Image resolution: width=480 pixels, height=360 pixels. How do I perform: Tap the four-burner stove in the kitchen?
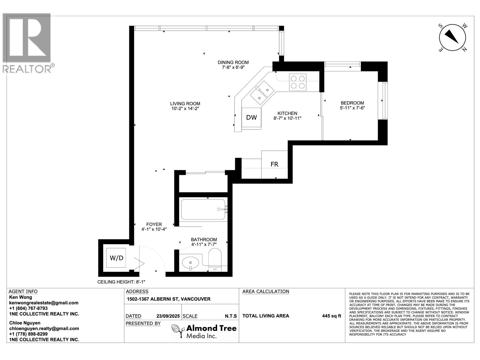pyautogui.click(x=298, y=82)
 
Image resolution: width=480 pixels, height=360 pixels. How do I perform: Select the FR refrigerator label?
pyautogui.click(x=274, y=164)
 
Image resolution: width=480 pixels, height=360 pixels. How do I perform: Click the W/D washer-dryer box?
pyautogui.click(x=116, y=258)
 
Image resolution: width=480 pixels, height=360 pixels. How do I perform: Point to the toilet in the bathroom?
pyautogui.click(x=215, y=260)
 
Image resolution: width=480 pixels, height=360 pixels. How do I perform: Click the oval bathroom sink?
pyautogui.click(x=190, y=262)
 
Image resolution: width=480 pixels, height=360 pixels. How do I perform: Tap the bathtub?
pyautogui.click(x=203, y=209)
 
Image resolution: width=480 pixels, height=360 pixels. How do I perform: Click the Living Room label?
pyautogui.click(x=185, y=103)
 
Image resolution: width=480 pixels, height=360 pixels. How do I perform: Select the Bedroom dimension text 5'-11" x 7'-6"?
pyautogui.click(x=352, y=108)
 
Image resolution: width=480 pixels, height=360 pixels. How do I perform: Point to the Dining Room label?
pyautogui.click(x=233, y=62)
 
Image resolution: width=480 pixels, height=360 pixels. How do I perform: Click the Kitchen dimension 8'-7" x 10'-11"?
pyautogui.click(x=287, y=118)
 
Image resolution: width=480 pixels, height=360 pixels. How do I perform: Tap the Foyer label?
pyautogui.click(x=154, y=224)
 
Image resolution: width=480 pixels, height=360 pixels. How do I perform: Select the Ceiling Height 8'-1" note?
pyautogui.click(x=121, y=282)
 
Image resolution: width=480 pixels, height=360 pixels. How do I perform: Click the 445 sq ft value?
pyautogui.click(x=331, y=316)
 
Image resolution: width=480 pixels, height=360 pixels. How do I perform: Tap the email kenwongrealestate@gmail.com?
pyautogui.click(x=44, y=303)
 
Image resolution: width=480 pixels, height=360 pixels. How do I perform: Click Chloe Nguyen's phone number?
pyautogui.click(x=28, y=334)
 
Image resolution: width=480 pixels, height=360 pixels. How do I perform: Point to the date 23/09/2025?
pyautogui.click(x=168, y=316)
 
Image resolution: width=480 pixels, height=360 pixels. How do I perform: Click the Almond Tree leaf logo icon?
pyautogui.click(x=178, y=331)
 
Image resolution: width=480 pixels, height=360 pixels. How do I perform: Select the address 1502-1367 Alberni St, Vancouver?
pyautogui.click(x=169, y=299)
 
